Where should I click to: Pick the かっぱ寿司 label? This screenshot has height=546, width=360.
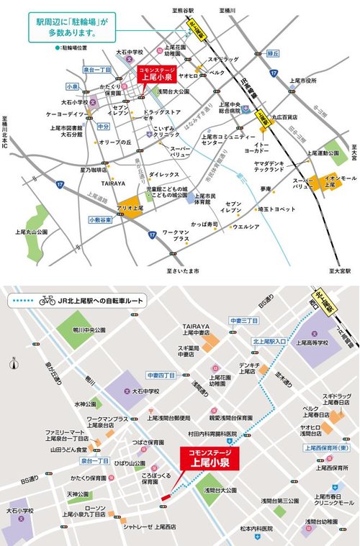point(204,224)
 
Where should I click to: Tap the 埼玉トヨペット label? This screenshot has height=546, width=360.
point(277,209)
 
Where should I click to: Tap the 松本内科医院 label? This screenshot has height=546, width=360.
point(258,528)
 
